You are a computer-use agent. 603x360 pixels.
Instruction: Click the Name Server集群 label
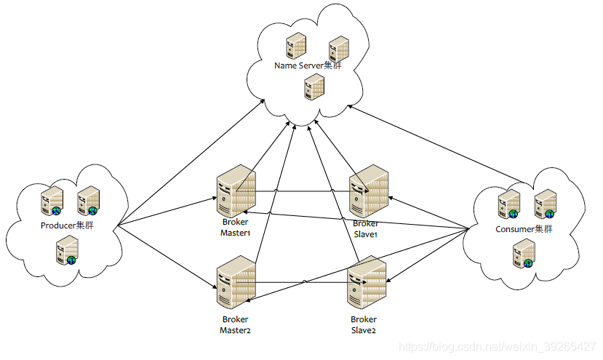point(308,65)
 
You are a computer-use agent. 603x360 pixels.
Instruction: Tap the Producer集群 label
point(67,225)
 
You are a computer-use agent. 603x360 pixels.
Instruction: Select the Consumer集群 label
point(524,229)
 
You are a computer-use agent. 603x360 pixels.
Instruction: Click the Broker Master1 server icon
point(236,191)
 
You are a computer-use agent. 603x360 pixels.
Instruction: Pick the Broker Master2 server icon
point(236,282)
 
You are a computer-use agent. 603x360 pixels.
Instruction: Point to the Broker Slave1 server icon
point(369,191)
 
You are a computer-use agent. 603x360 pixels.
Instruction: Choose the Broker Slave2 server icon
point(367,282)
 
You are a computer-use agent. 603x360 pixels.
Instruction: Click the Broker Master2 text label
point(236,324)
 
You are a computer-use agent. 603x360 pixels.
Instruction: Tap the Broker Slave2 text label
point(364,324)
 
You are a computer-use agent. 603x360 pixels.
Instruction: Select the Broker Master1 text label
point(236,228)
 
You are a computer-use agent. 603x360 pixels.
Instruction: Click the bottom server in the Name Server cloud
point(314,87)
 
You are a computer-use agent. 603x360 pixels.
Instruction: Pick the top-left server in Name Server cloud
point(296,46)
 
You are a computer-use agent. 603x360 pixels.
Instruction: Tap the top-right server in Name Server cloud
point(339,49)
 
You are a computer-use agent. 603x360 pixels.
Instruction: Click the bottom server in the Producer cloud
point(68,250)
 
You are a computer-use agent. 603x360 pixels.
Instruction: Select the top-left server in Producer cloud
point(52,201)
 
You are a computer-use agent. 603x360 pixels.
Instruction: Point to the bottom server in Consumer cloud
point(524,253)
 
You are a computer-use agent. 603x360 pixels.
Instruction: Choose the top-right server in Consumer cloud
point(546,204)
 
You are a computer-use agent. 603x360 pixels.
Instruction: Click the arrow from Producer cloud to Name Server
point(191,163)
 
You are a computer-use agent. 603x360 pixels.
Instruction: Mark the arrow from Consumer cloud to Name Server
point(436,144)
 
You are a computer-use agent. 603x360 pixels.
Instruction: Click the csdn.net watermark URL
point(498,347)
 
